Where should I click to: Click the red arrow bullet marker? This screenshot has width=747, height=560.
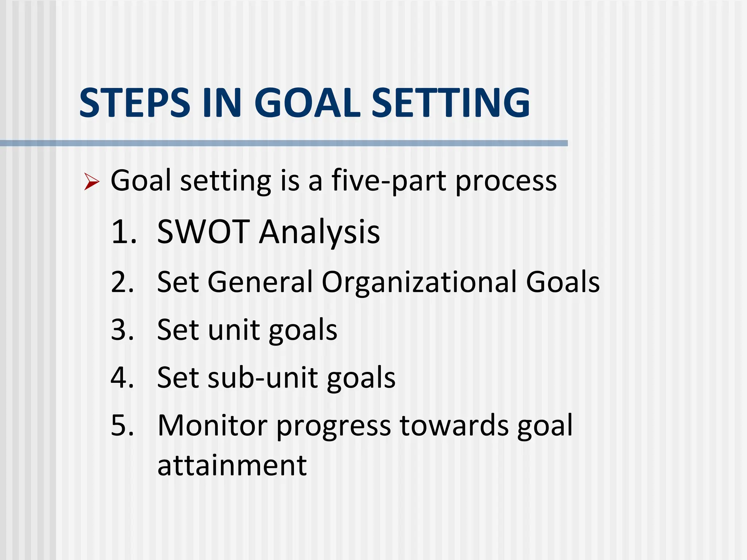tap(91, 182)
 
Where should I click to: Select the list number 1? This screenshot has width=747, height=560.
tap(123, 232)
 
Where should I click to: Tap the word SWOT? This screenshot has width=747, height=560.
tap(203, 232)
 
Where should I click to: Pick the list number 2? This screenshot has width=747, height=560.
tap(123, 282)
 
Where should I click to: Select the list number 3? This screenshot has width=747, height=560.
tap(123, 330)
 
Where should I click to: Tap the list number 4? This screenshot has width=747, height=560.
tap(123, 378)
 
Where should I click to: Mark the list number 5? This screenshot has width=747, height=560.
tap(123, 425)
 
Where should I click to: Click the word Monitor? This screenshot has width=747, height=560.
tap(213, 425)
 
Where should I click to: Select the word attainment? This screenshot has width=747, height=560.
tap(232, 466)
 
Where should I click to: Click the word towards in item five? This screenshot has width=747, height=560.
tap(454, 425)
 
